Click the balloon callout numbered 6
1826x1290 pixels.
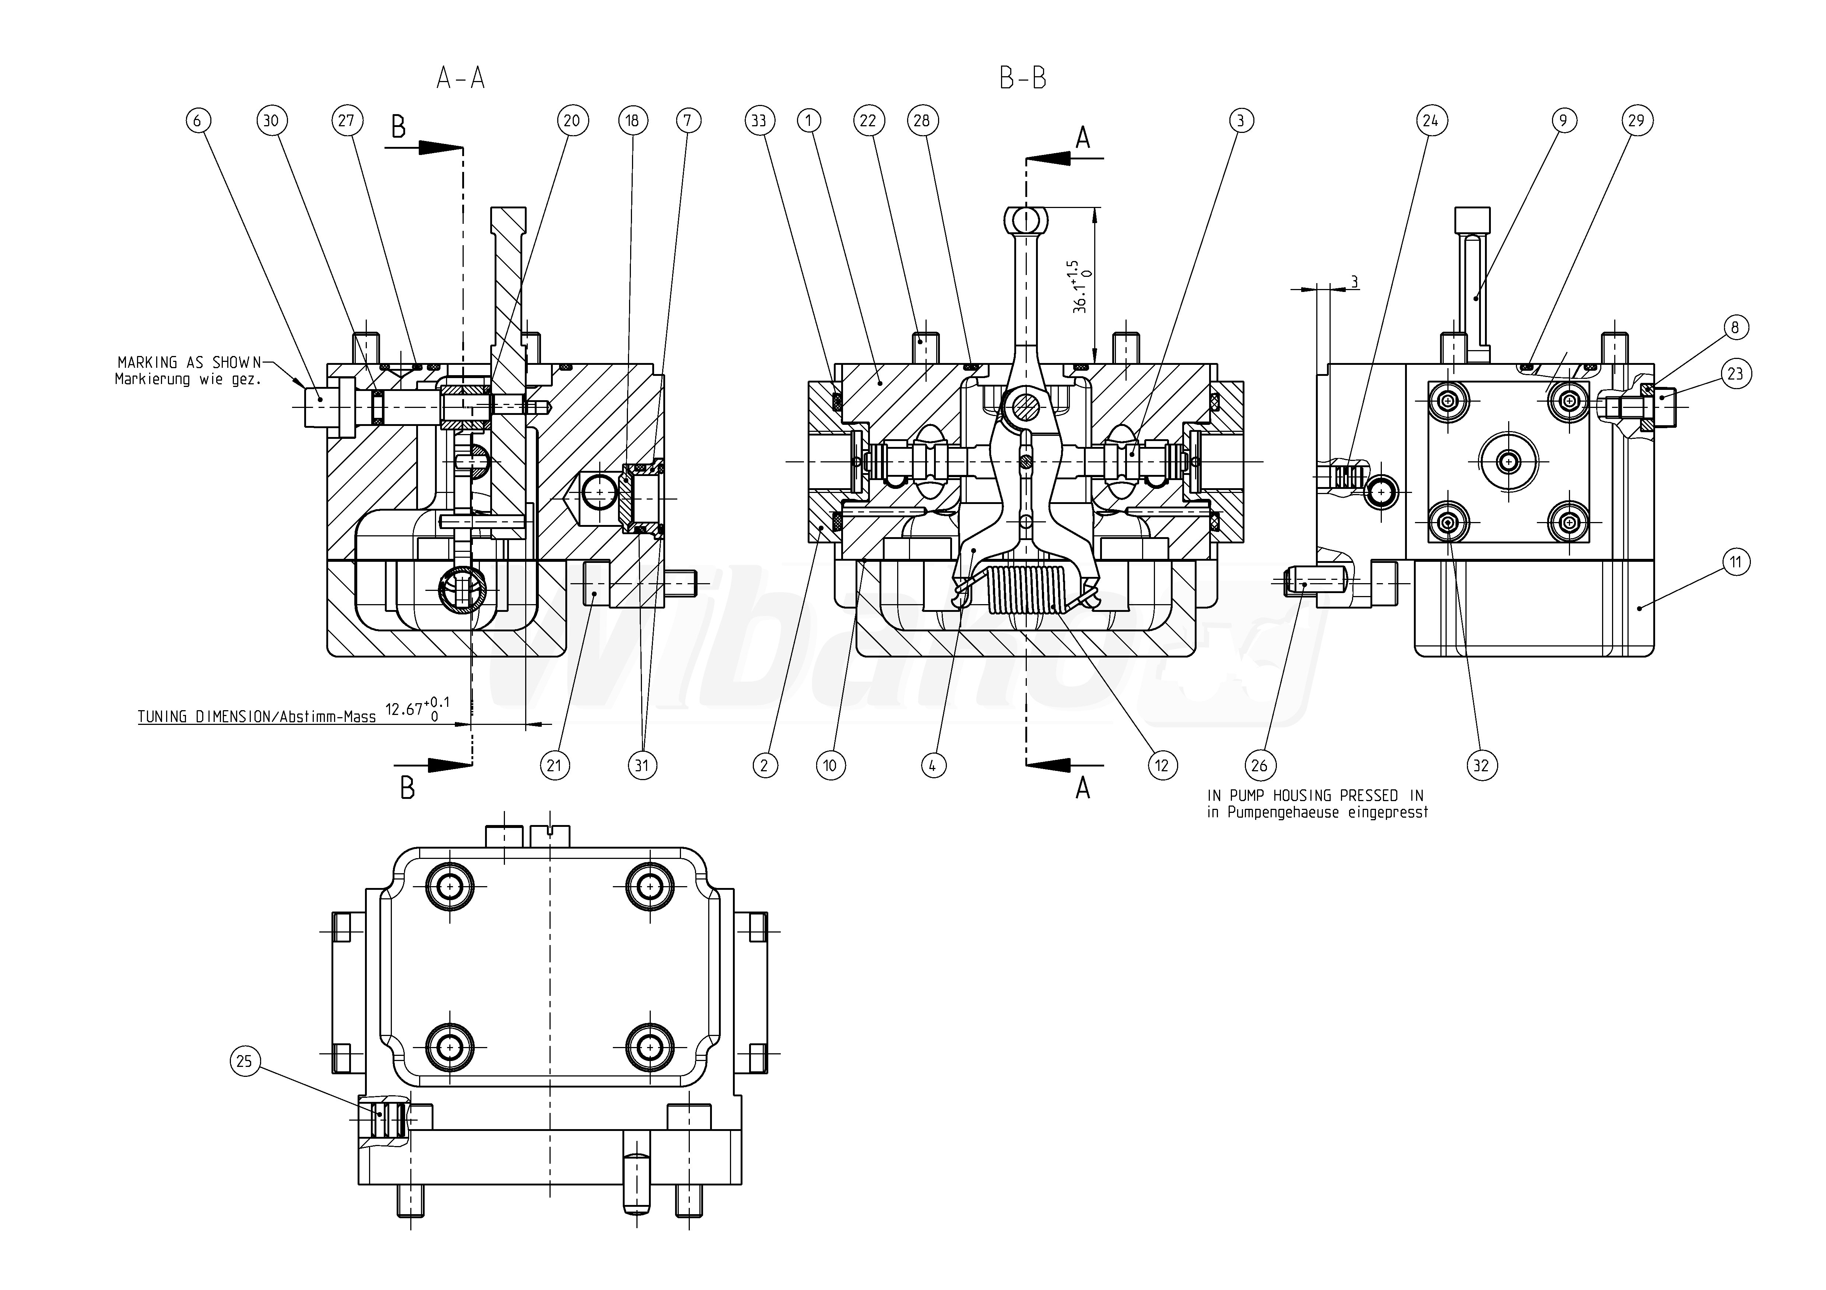(x=199, y=121)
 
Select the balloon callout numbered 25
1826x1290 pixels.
(x=245, y=1061)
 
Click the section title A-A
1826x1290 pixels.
(x=460, y=78)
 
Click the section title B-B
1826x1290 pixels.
(x=1023, y=78)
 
